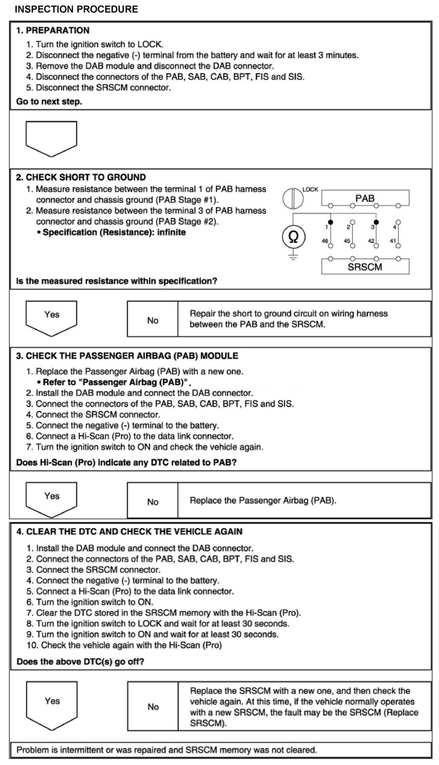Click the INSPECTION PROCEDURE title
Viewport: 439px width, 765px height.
coord(76,9)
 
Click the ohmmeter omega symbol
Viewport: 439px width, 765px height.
coord(293,237)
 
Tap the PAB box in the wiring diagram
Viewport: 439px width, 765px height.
coord(365,199)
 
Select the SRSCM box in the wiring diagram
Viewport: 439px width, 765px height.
coord(365,266)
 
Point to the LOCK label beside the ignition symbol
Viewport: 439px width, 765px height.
coord(310,190)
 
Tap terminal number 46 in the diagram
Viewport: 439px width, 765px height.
coord(325,241)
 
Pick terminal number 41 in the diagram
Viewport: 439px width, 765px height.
coord(393,241)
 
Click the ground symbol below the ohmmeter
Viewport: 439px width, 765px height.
coord(293,257)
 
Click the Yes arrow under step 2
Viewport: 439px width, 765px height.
coord(52,317)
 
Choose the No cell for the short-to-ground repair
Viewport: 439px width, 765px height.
coord(152,320)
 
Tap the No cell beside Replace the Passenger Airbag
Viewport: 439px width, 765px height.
coord(152,502)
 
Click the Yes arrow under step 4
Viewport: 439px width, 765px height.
coord(52,705)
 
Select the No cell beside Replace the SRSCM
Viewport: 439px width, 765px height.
coord(153,707)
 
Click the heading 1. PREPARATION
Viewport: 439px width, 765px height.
coord(53,31)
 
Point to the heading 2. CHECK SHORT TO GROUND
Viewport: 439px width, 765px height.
coord(81,177)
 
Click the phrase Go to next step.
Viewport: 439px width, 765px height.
coord(49,102)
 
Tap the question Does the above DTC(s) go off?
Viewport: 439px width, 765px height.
coord(80,661)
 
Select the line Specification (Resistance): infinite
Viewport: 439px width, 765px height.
coord(114,233)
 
